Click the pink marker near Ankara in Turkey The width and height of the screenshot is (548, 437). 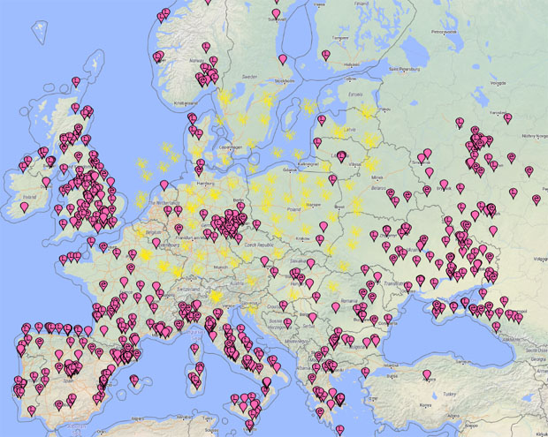(x=427, y=374)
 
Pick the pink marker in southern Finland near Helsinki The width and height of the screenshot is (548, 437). (x=325, y=55)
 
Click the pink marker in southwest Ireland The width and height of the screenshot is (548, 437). (x=24, y=207)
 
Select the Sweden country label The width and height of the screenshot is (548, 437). (x=248, y=77)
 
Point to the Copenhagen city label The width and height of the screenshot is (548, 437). (x=230, y=147)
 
